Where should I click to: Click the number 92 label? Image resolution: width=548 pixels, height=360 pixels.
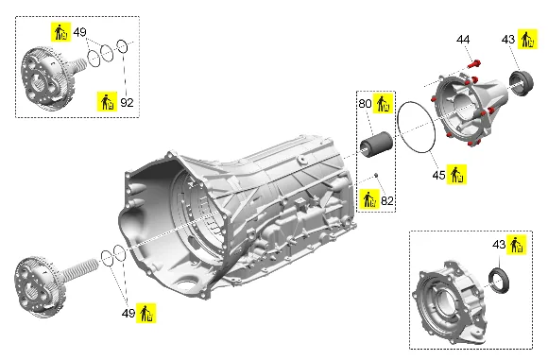[127, 102]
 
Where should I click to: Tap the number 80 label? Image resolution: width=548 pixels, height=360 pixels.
[365, 103]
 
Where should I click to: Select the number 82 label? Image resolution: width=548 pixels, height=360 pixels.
[387, 200]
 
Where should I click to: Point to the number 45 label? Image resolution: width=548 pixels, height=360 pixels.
[438, 175]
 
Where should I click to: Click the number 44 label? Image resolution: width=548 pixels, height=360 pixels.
[463, 40]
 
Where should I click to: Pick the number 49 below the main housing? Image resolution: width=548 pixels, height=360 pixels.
[128, 313]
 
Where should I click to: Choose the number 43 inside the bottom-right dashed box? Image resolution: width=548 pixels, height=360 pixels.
[499, 245]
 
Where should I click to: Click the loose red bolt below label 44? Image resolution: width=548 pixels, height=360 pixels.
[474, 64]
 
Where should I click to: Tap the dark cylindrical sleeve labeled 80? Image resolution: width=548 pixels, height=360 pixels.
[376, 145]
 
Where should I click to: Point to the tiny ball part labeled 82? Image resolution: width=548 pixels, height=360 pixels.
[376, 175]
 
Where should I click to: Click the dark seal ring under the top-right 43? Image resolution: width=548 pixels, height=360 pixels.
[521, 83]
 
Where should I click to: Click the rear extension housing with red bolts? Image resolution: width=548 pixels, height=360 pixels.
[469, 109]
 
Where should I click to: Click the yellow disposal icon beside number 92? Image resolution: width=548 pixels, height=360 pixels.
[108, 102]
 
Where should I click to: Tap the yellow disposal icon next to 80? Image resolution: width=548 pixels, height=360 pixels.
[383, 103]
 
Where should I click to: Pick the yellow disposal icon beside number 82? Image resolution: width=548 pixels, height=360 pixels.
[369, 199]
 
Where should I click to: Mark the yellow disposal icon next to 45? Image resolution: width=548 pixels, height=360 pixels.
[456, 175]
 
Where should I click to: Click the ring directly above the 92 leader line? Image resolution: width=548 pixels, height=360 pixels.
[122, 46]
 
